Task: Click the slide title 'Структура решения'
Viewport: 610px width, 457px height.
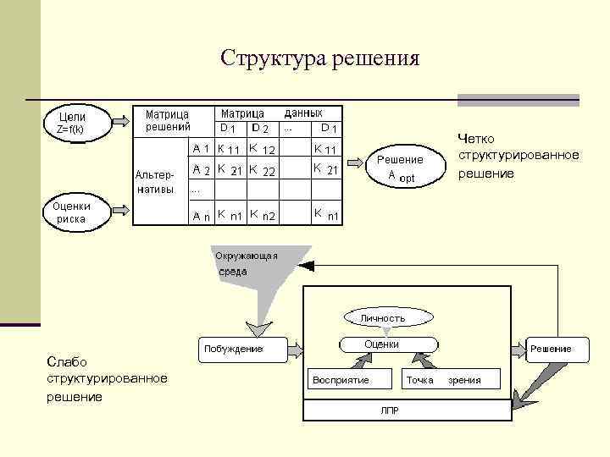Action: point(319,58)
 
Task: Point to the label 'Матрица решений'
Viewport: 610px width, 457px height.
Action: point(167,119)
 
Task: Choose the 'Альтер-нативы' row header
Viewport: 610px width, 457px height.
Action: point(154,181)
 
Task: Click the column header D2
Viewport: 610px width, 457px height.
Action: point(259,129)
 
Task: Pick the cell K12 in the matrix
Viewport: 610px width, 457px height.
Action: point(261,149)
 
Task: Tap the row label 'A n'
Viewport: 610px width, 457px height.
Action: point(201,216)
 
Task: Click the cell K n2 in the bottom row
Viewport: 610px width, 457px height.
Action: point(262,216)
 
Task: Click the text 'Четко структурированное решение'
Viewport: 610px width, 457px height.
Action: point(518,156)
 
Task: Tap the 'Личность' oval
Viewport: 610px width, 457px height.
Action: point(383,317)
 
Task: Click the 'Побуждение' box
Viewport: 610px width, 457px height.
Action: point(232,348)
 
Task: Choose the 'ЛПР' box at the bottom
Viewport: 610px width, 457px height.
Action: point(389,410)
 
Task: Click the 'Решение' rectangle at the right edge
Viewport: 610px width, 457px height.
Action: point(551,348)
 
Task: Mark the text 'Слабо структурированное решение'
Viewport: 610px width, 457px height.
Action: point(107,378)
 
